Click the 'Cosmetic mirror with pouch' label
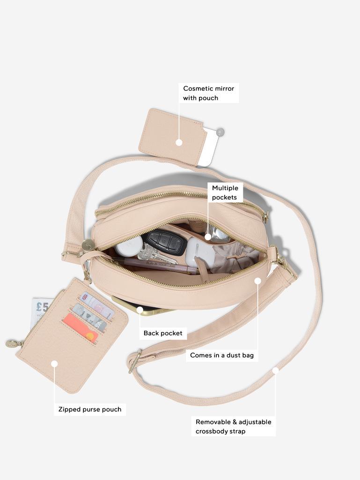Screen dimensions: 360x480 coord(208,93)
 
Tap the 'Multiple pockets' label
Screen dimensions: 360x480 coord(225,192)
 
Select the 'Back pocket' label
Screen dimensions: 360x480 coord(163,333)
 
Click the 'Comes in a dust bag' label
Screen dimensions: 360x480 coord(222,355)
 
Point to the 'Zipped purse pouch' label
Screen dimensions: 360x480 coord(90,409)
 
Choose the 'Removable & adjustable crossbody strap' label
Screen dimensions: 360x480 coord(233,427)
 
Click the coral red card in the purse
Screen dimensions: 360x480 coord(80,327)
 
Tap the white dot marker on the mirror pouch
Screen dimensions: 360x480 coord(179,142)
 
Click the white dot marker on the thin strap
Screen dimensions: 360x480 coord(276,370)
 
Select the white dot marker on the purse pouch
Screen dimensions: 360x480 coord(54,364)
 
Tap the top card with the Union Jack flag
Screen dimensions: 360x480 coord(97,305)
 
